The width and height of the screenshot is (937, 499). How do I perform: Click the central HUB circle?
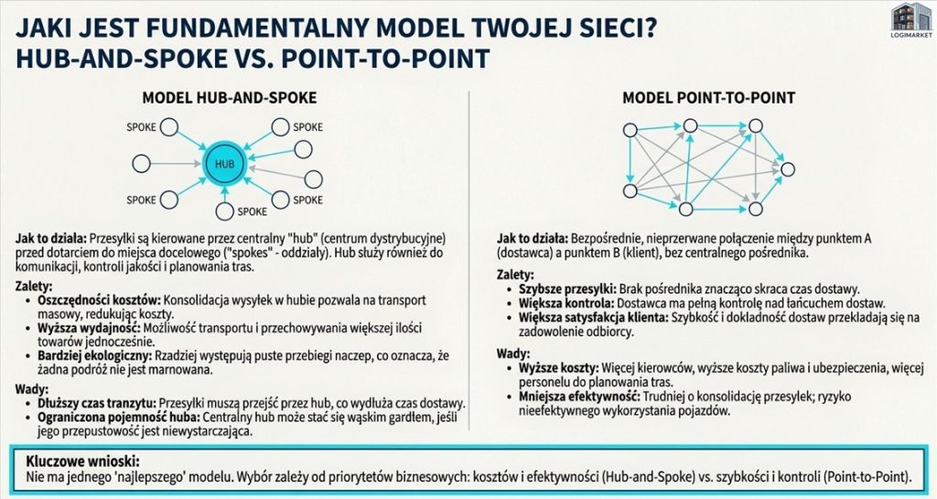225,163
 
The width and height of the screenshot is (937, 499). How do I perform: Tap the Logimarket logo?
910,20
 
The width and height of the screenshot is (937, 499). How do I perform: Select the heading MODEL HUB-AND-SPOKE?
230,98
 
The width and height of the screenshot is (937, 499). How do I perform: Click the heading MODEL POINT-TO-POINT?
709,98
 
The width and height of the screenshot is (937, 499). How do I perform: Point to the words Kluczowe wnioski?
82,462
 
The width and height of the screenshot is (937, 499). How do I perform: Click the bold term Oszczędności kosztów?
99,300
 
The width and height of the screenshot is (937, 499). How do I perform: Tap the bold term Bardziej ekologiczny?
95,356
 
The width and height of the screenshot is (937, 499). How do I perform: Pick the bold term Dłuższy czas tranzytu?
97,404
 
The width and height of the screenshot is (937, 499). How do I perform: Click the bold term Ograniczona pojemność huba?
120,418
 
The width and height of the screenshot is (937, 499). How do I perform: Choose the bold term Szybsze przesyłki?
567,288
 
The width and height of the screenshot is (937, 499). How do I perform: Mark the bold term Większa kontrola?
565,303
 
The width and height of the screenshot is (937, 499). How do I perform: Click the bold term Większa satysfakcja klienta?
593,318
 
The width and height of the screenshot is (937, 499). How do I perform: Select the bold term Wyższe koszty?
558,368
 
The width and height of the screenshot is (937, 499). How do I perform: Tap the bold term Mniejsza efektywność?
579,396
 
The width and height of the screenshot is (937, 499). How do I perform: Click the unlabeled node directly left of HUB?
141,163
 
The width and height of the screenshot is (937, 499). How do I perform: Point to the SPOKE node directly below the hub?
225,211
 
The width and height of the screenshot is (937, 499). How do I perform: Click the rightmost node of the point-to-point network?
788,169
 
